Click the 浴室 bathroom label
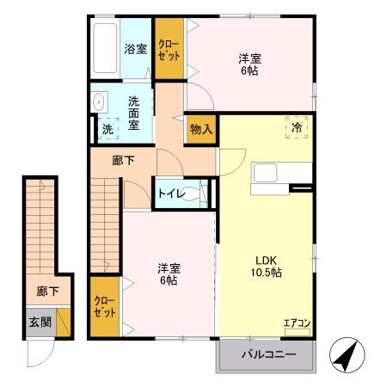point(135,49)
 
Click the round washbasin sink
point(97,101)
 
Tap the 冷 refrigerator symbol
point(297,127)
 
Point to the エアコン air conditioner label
point(298,324)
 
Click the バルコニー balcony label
point(267,355)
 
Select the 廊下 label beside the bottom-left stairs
point(47,292)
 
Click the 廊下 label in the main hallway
point(124,160)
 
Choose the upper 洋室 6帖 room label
point(249,64)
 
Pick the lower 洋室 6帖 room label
point(168,273)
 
